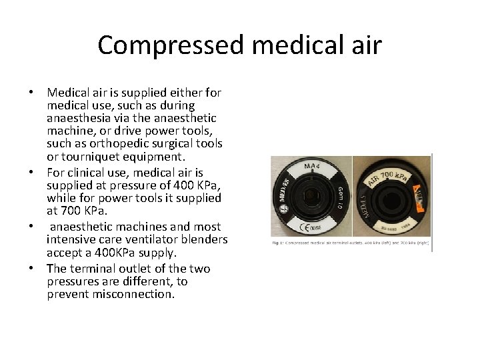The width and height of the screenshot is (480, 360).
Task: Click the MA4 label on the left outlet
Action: point(310,166)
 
